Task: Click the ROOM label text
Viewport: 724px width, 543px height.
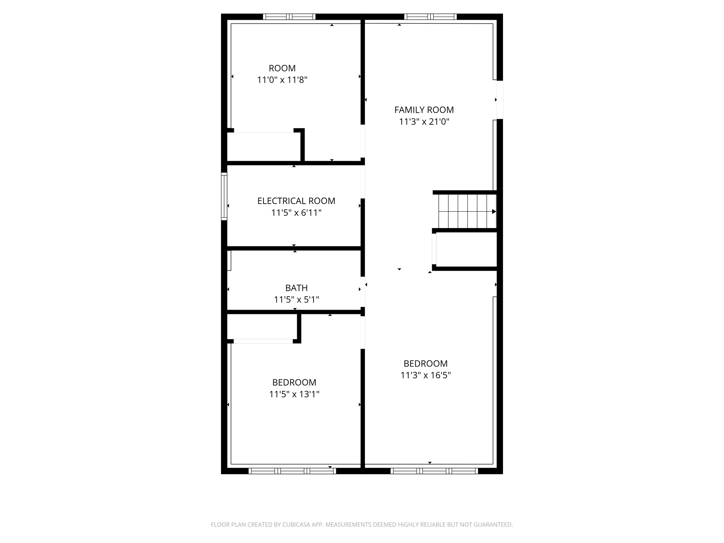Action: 282,68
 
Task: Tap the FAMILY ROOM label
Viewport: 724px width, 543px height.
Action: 424,110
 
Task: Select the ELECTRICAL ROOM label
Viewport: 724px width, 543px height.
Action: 296,201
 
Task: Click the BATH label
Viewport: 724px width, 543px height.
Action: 296,288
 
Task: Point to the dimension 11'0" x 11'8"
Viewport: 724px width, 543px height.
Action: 282,80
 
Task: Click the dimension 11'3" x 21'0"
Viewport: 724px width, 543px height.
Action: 424,122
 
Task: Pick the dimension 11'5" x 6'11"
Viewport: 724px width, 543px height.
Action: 296,213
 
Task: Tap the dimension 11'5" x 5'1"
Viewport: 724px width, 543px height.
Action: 296,300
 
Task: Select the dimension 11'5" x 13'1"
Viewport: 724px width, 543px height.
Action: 294,394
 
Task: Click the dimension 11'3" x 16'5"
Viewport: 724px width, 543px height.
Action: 425,375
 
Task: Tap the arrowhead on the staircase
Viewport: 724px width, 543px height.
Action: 494,211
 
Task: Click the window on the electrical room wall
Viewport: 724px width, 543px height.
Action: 224,196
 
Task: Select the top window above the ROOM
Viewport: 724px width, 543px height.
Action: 289,17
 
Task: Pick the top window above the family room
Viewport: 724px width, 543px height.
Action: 430,17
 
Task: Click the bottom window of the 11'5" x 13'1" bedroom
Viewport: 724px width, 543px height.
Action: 292,471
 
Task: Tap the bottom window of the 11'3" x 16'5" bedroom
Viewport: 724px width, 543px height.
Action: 434,471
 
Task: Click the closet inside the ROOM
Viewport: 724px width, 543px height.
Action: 263,147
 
